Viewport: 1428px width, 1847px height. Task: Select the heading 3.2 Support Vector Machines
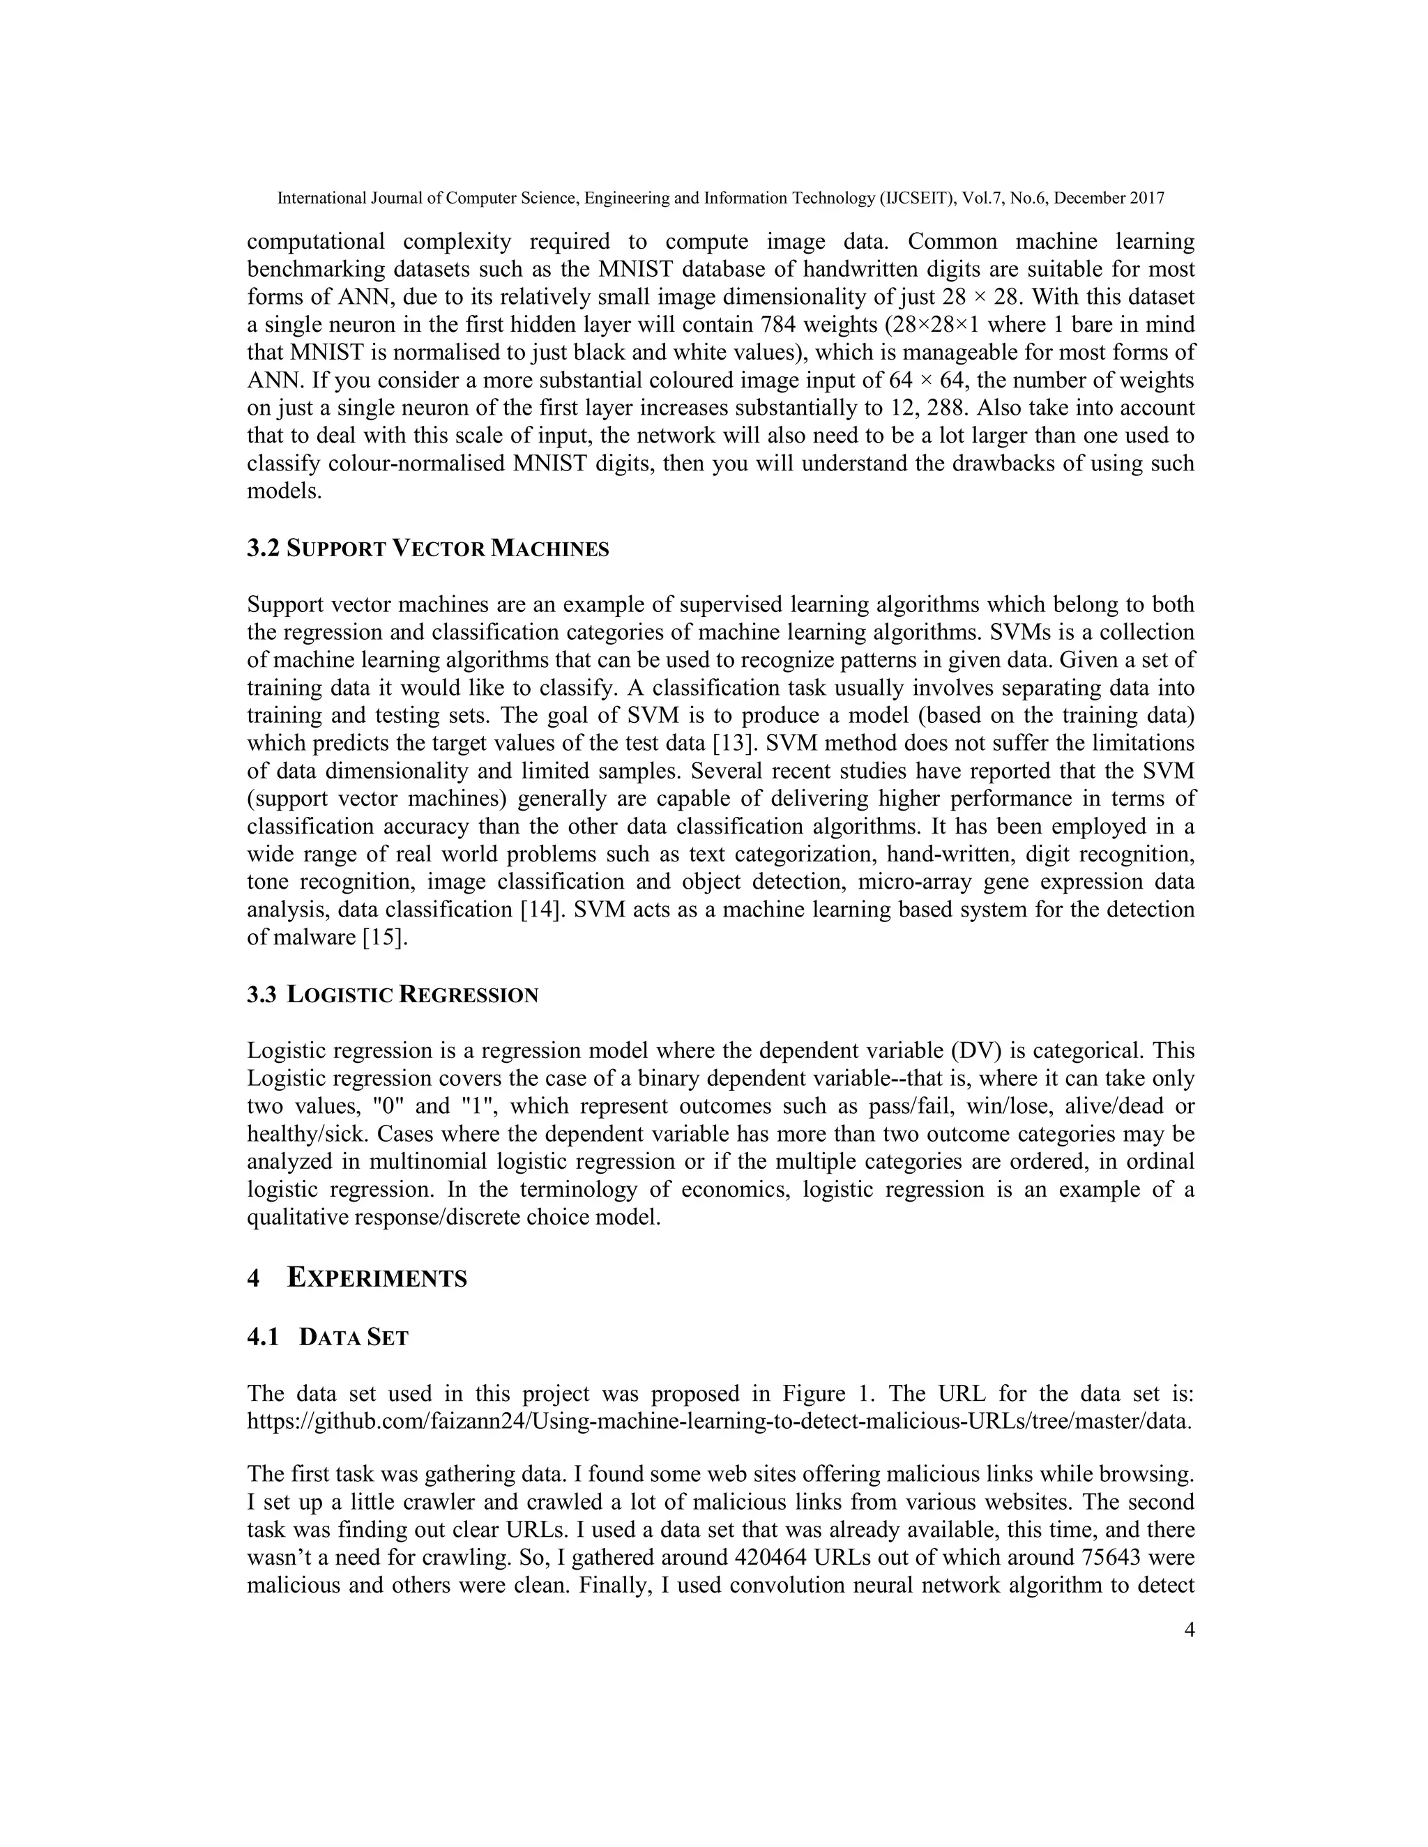427,549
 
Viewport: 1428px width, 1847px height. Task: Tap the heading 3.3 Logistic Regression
393,995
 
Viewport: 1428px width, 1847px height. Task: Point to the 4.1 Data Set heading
328,1338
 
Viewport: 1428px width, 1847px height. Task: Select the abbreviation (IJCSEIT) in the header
919,199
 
